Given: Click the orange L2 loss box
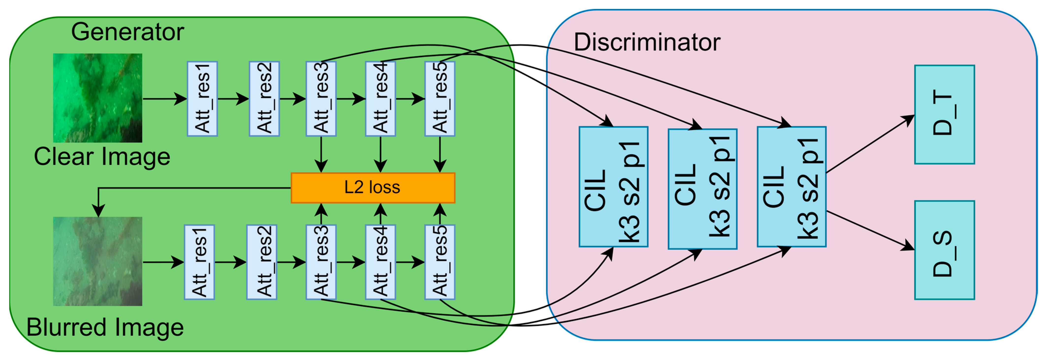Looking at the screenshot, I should (373, 188).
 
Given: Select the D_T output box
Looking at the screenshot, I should (944, 114).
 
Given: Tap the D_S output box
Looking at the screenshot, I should (944, 250).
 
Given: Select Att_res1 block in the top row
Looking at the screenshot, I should (202, 98).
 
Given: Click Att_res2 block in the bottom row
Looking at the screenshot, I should (262, 262).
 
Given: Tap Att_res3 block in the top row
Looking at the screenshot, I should (321, 98).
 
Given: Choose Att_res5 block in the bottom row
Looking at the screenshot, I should (440, 262).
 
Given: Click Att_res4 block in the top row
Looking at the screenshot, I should (380, 98).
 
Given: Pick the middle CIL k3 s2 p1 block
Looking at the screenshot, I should (702, 189).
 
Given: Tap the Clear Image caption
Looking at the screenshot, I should (102, 157).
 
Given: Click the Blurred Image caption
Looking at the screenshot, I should (105, 328).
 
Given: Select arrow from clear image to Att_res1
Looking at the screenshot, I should (164, 98).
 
